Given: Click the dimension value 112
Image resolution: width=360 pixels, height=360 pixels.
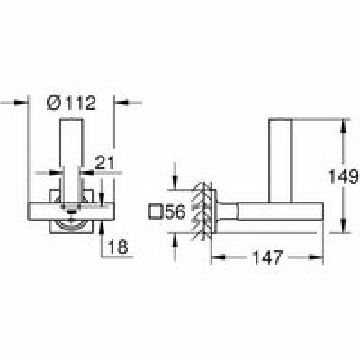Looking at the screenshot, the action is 81,103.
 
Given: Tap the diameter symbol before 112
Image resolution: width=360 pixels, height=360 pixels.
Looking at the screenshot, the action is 54,103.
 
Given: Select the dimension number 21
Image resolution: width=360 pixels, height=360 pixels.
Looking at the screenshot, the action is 104,164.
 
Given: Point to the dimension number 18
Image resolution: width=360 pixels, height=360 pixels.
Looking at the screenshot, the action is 118,247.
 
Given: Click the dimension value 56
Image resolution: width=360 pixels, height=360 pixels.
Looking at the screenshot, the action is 175,212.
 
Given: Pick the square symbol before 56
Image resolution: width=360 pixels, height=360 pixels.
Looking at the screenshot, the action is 157,212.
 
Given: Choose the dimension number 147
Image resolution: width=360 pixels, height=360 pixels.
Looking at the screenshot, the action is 268,257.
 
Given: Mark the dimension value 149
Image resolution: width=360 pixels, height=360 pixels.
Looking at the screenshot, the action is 344,176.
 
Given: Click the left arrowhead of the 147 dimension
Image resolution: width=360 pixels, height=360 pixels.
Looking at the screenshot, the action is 218,257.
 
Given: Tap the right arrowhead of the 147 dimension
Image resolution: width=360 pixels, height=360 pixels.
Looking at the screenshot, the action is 316,257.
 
